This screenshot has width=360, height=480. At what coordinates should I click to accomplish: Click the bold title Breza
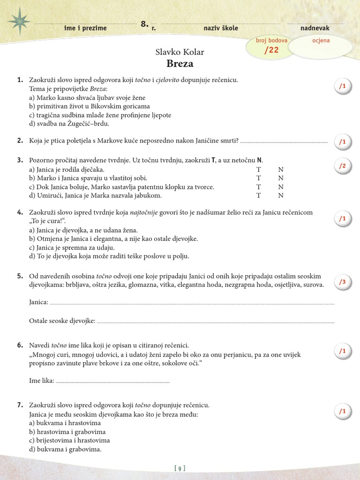click(180, 64)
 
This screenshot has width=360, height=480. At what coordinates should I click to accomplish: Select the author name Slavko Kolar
click(180, 52)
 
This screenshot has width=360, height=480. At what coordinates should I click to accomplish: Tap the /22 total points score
click(271, 50)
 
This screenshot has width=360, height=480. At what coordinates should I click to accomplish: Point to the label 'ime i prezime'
click(85, 28)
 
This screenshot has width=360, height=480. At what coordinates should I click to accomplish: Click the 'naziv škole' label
click(221, 28)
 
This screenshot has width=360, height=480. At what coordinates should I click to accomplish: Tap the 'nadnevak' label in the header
click(315, 28)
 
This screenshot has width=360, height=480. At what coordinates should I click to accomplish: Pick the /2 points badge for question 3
click(342, 165)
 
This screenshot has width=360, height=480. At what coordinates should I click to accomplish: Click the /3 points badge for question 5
click(342, 282)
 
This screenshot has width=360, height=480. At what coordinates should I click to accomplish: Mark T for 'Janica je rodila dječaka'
click(258, 170)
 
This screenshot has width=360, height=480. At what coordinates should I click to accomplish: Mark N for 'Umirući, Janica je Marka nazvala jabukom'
click(281, 195)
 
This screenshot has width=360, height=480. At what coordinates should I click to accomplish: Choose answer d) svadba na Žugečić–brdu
click(69, 124)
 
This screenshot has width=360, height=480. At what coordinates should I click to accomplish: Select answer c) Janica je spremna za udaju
click(72, 247)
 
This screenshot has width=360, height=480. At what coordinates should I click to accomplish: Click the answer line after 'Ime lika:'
click(112, 382)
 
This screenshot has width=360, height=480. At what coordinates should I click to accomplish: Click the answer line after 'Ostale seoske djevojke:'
click(216, 322)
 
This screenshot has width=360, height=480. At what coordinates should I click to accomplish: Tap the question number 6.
click(20, 345)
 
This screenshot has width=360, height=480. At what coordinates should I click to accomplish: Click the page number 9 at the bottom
click(180, 468)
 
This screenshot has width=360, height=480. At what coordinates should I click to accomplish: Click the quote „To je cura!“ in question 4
click(46, 221)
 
